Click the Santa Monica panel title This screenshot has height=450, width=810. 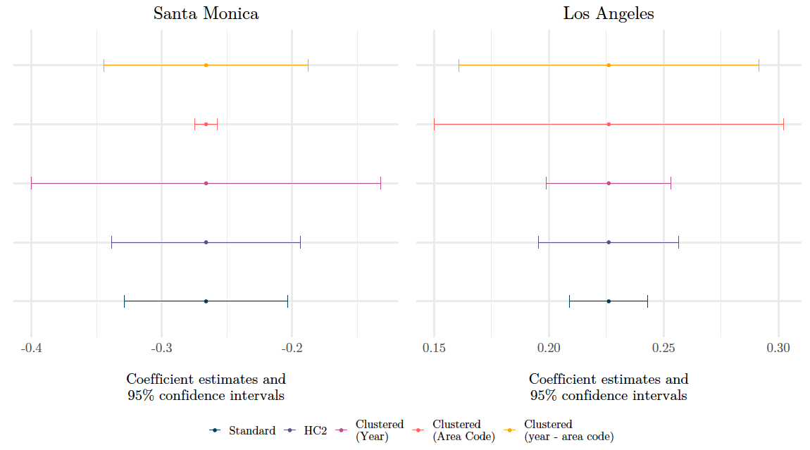pyautogui.click(x=206, y=13)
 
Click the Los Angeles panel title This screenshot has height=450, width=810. pyautogui.click(x=609, y=13)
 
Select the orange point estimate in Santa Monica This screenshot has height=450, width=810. pyautogui.click(x=206, y=65)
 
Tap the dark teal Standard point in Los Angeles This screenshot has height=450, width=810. pyautogui.click(x=609, y=301)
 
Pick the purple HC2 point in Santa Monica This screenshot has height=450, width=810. pyautogui.click(x=206, y=242)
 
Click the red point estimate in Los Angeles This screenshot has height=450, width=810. pyautogui.click(x=609, y=124)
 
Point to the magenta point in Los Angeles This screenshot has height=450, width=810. pyautogui.click(x=609, y=183)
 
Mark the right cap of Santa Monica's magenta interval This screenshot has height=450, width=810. pyautogui.click(x=380, y=183)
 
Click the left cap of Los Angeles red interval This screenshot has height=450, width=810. pyautogui.click(x=434, y=124)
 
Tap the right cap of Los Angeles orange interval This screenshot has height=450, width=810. pyautogui.click(x=759, y=65)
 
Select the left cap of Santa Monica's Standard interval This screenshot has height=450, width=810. pyautogui.click(x=124, y=301)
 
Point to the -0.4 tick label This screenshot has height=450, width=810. pyautogui.click(x=31, y=349)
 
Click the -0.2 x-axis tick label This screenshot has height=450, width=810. pyautogui.click(x=292, y=349)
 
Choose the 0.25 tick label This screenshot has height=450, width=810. pyautogui.click(x=663, y=349)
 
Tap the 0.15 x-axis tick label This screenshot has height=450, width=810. pyautogui.click(x=434, y=349)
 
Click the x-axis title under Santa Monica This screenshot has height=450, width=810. pyautogui.click(x=206, y=387)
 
